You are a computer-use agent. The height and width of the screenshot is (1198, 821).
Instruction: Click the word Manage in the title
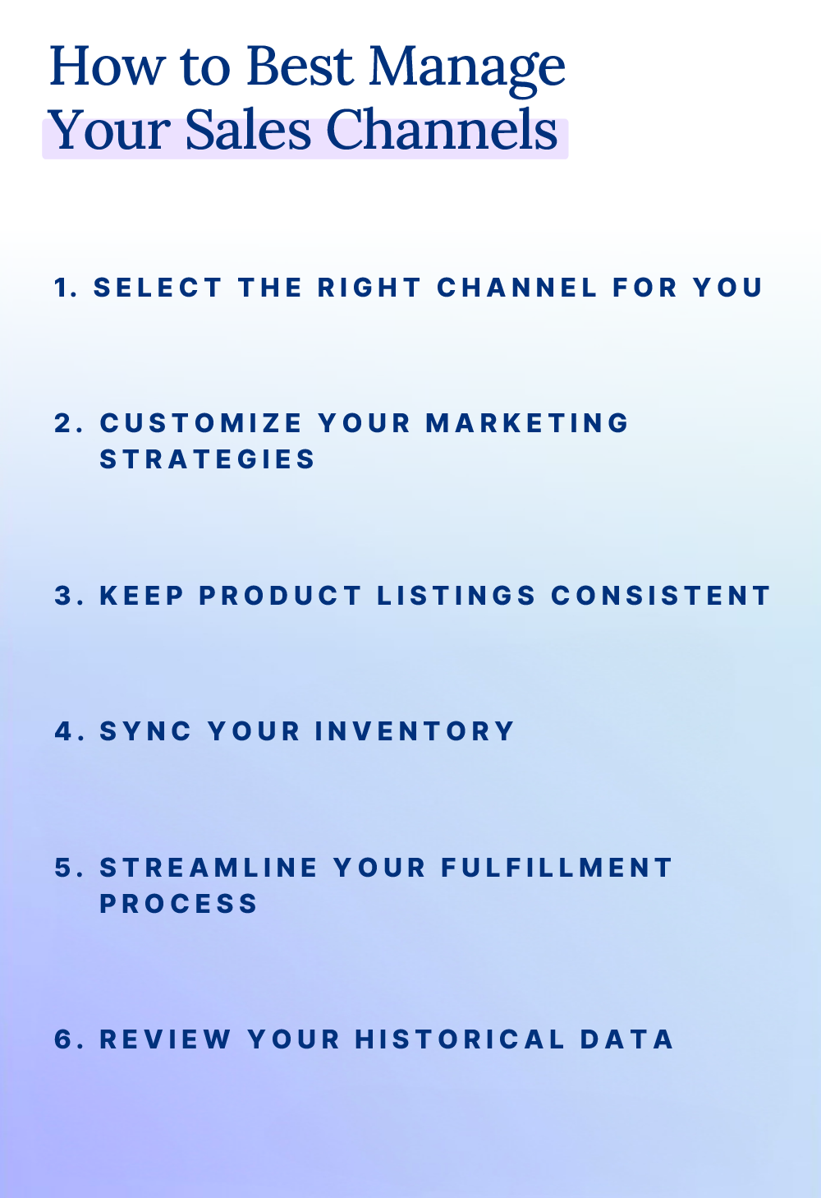pos(466,67)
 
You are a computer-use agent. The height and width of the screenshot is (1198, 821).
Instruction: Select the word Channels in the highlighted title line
pos(442,131)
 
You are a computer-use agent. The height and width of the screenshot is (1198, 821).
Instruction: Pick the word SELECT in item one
pos(158,288)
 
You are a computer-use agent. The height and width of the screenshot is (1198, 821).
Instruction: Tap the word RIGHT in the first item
pos(369,288)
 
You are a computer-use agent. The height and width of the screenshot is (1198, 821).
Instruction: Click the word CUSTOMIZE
pos(201,423)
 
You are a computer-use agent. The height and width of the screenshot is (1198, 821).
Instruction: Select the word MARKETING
pos(527,423)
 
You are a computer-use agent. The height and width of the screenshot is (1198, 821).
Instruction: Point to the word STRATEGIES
pos(207,459)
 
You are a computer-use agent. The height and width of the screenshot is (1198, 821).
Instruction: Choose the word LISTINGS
pos(456,596)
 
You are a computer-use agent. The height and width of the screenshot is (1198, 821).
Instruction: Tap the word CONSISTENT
pos(660,596)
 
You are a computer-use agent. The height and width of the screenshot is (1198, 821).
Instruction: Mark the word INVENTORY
pos(414,731)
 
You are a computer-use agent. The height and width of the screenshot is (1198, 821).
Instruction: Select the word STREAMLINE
pos(209,868)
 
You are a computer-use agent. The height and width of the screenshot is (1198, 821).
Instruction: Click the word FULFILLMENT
pos(557,868)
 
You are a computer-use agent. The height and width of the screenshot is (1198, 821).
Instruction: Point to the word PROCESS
pos(179,904)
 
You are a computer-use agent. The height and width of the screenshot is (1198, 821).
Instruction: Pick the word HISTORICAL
pos(460,1039)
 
